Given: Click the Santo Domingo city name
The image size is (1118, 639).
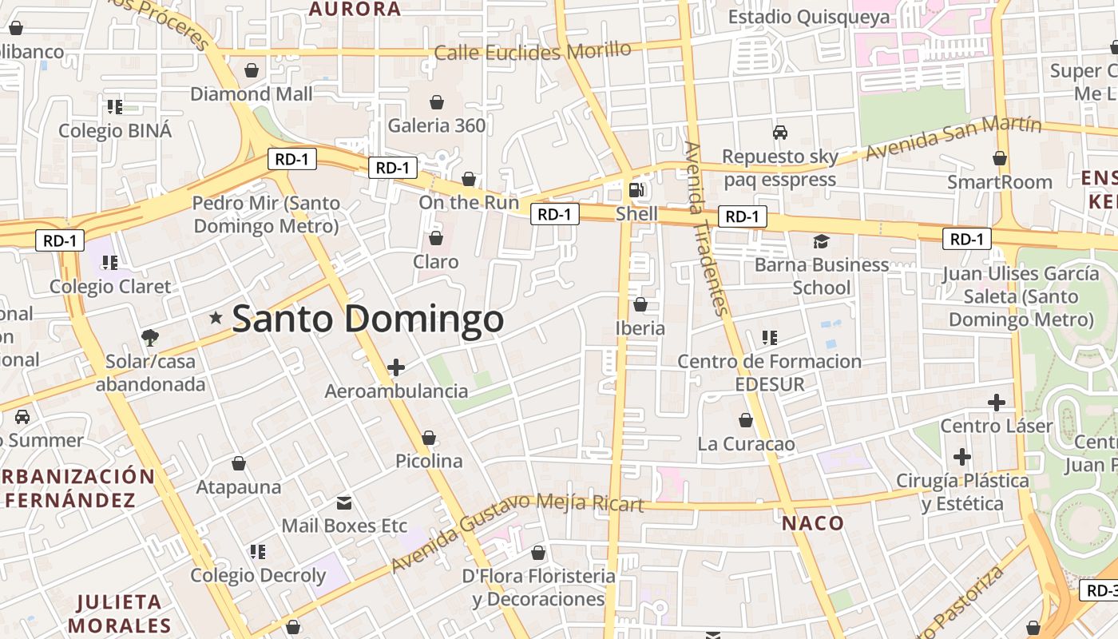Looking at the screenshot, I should click(x=368, y=319).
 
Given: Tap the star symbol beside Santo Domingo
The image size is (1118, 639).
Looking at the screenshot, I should click(x=216, y=318).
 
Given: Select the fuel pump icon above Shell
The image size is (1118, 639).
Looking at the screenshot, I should click(x=636, y=190).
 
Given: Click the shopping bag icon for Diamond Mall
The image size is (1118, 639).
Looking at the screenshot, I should click(x=252, y=70).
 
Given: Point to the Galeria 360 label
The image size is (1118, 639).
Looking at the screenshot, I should click(x=436, y=125).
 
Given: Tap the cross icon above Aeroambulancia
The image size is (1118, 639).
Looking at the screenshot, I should click(x=396, y=367).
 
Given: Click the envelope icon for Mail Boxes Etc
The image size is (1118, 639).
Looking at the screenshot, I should click(x=344, y=503).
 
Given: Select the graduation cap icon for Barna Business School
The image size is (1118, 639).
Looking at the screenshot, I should click(x=821, y=241).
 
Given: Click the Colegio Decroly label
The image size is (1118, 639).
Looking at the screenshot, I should click(x=258, y=575).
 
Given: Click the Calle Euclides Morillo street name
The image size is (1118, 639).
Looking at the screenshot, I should click(x=533, y=52).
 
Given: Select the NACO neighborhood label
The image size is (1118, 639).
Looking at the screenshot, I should click(x=812, y=523).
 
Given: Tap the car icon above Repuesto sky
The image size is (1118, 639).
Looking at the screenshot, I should click(x=779, y=133).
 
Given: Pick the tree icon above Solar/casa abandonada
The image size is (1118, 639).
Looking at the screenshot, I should click(x=149, y=338).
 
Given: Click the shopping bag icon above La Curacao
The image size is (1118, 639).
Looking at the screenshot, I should click(x=746, y=420).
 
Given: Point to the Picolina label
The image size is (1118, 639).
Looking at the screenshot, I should click(x=429, y=461).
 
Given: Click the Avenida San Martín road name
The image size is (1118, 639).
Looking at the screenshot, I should click(x=953, y=137).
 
